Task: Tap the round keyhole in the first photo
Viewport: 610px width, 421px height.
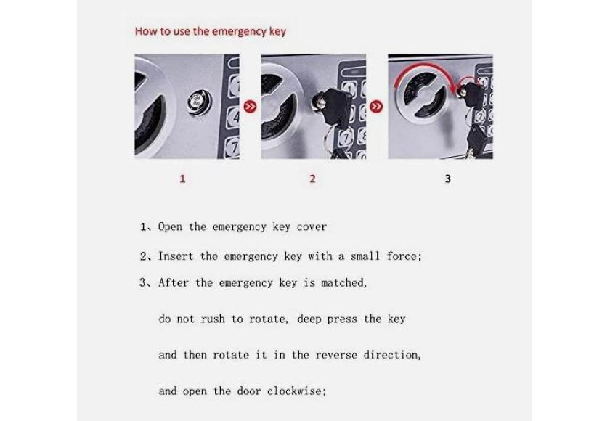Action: [199, 102]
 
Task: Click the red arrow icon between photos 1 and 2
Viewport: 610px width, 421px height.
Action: [250, 106]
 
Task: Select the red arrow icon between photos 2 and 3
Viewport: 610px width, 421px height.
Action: [376, 106]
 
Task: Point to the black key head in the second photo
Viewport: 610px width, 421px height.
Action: [335, 106]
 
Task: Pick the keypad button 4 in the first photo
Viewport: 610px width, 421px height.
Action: [234, 117]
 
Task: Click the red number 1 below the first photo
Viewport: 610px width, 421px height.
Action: [182, 179]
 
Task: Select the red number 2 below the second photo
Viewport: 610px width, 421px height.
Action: [312, 179]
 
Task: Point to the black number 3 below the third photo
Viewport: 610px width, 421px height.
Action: [448, 179]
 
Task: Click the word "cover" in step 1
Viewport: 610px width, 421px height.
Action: [312, 227]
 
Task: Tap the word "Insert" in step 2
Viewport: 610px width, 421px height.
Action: [176, 256]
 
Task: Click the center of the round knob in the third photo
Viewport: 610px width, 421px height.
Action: [424, 96]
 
